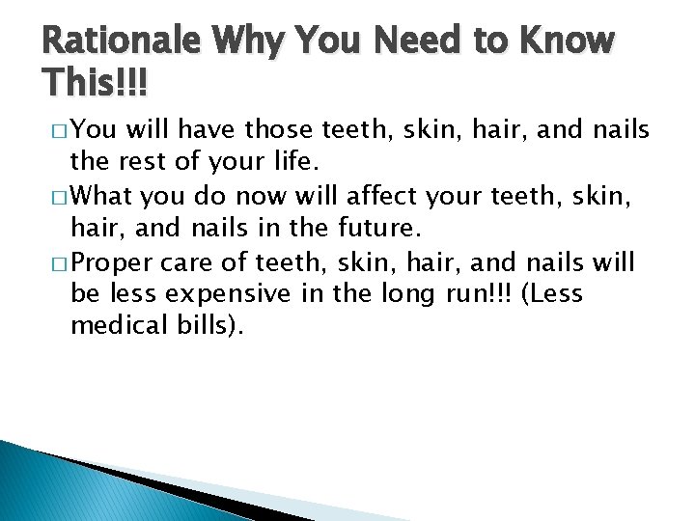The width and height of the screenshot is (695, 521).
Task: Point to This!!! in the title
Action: tap(95, 84)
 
